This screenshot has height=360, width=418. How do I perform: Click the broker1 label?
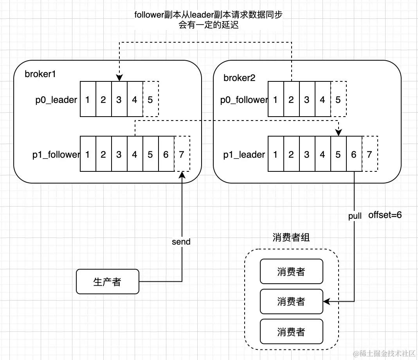[x=40, y=74]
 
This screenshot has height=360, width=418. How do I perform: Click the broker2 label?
[x=239, y=78]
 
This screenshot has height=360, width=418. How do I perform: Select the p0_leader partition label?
[x=56, y=100]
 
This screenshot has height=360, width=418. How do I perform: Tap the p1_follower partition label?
[x=56, y=155]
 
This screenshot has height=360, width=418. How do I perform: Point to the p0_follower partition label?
[x=244, y=100]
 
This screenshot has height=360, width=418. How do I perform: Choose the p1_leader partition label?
[x=244, y=155]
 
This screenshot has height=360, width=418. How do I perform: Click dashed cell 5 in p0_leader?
[x=151, y=99]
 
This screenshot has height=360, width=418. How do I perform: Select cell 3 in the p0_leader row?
[x=119, y=99]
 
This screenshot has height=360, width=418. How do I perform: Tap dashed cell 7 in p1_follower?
[x=182, y=154]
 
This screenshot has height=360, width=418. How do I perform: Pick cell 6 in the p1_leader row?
[x=354, y=154]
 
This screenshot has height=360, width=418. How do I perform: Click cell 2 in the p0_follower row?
[x=291, y=99]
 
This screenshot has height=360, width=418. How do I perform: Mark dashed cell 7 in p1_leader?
[x=369, y=154]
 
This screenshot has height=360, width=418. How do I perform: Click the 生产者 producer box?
[x=108, y=282]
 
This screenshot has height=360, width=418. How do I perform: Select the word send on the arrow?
[x=181, y=242]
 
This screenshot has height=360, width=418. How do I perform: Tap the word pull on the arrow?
[x=355, y=216]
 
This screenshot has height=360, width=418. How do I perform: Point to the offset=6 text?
[x=385, y=215]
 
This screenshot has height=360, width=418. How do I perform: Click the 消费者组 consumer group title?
[x=291, y=238]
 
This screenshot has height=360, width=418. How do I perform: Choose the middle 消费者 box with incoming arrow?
[x=291, y=302]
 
